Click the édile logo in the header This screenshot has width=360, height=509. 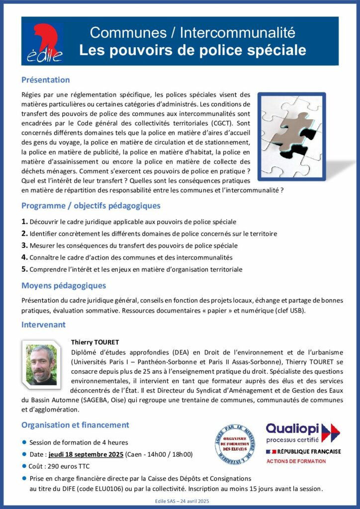[x=43, y=41]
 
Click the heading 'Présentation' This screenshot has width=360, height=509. [x=45, y=80]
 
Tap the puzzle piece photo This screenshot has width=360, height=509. [x=294, y=132]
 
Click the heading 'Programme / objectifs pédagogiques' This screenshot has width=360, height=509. [x=90, y=206]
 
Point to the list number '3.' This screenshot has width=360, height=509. [x=24, y=245]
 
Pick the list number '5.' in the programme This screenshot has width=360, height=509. [x=24, y=269]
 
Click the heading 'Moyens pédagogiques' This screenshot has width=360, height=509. [x=64, y=286]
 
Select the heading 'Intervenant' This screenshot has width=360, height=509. [x=43, y=325]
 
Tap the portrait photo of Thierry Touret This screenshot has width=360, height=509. [x=42, y=365]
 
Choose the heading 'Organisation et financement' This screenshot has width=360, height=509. [x=75, y=425]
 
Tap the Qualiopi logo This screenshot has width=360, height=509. [x=302, y=433]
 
